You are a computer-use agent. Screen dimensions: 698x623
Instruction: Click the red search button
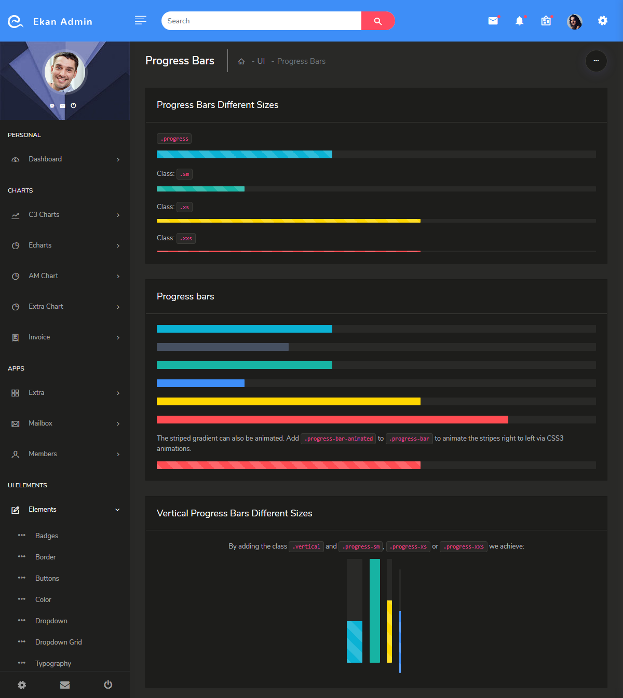(378, 21)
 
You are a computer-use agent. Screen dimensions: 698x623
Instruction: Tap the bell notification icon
(519, 21)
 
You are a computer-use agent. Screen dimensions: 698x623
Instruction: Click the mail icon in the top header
(493, 21)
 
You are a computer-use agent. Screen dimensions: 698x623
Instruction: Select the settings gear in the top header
(602, 21)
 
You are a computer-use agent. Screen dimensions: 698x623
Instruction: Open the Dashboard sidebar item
(45, 159)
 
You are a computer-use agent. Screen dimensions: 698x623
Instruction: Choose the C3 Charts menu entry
(44, 215)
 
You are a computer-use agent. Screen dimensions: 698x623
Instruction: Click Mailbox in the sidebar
(40, 423)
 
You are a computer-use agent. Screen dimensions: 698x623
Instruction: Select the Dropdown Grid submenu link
(59, 642)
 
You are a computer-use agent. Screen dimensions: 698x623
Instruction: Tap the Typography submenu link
(53, 664)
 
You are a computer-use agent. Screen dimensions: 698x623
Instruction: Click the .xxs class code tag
(186, 239)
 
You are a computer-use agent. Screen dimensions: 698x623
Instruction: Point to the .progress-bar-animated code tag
(338, 439)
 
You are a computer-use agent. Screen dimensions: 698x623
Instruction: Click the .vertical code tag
(306, 547)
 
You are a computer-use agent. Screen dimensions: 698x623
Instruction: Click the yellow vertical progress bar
(389, 631)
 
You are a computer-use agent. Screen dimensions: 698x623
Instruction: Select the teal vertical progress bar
(375, 611)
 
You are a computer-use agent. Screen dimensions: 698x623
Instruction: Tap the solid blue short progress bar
(200, 384)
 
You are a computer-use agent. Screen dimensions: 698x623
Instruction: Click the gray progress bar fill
(222, 347)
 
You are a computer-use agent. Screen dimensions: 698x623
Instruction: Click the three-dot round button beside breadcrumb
(596, 61)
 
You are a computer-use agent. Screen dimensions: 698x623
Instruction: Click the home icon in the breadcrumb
(241, 61)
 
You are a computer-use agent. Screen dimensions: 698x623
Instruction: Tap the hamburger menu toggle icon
(140, 20)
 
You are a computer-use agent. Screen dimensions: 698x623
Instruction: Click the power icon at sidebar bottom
(108, 685)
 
